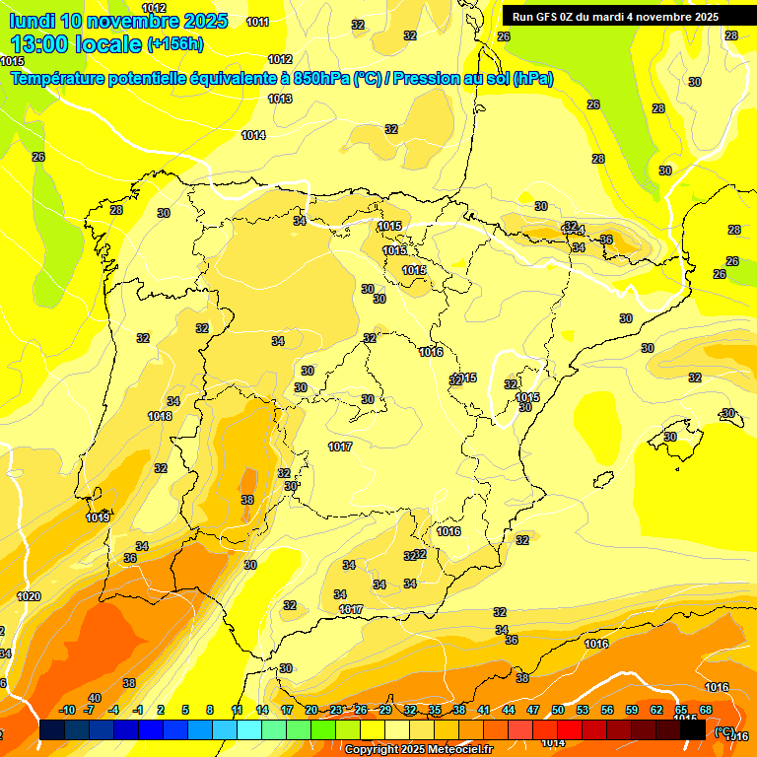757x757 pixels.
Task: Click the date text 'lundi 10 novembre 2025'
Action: (x=118, y=21)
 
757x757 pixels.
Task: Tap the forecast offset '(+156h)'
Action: (x=176, y=44)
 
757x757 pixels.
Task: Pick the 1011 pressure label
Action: (x=258, y=22)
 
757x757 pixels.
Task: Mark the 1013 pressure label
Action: (x=280, y=99)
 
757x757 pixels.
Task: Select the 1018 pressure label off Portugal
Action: (x=160, y=416)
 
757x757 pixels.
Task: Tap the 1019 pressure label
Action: (x=98, y=517)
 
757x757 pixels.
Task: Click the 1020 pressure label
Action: (x=29, y=596)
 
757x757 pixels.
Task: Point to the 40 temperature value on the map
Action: (x=95, y=698)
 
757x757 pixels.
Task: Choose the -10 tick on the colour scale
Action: (x=67, y=711)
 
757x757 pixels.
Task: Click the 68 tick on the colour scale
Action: (x=706, y=711)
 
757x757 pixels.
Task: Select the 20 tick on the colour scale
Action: (x=311, y=711)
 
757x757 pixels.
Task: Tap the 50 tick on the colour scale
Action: (x=558, y=711)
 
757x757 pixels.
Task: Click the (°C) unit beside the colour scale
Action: (x=723, y=731)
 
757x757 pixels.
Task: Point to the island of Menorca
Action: (x=727, y=414)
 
